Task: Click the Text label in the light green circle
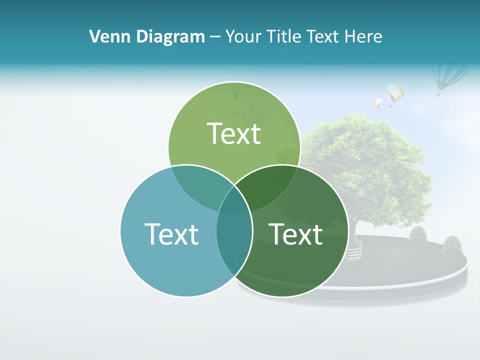[234, 133]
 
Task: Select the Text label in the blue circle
[171, 233]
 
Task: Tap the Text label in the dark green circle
[296, 233]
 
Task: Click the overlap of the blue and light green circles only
[200, 185]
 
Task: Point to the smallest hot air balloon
[377, 103]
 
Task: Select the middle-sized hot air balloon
[395, 92]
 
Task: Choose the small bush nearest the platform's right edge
[452, 245]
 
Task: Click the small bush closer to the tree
[418, 235]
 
